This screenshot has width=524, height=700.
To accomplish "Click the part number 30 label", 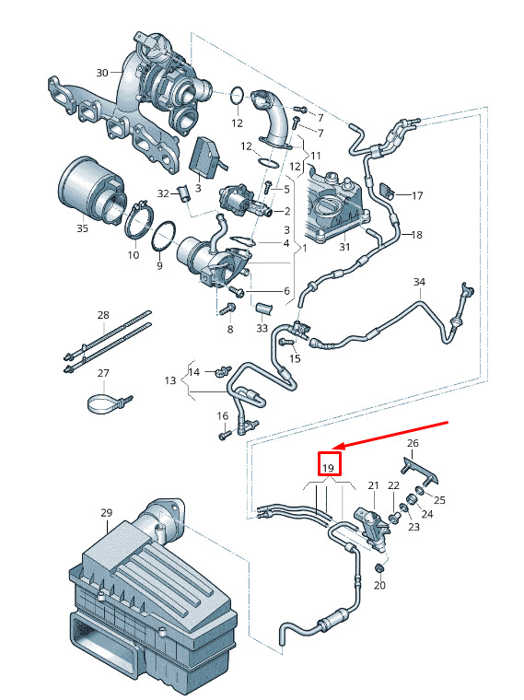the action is tap(102, 73).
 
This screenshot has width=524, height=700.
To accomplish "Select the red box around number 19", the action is tap(329, 464).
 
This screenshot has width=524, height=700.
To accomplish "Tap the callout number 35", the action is tap(83, 228).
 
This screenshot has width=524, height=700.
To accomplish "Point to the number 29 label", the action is tap(106, 513).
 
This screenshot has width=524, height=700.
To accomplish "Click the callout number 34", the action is tap(419, 282).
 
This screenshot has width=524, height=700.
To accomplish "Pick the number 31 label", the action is tap(344, 247).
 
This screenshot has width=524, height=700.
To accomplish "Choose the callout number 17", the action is tap(417, 195).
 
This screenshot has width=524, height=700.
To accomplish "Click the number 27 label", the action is tap(103, 373).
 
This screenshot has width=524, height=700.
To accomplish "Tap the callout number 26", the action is tap(413, 443).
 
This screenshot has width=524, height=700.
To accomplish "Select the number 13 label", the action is tap(170, 380).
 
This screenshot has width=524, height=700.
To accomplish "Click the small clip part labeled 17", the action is tap(386, 191).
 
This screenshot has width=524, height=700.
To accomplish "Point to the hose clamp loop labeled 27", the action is tap(105, 404).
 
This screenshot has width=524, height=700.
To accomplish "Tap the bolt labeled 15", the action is tap(286, 343).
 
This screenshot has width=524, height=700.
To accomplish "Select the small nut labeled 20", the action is tap(379, 568).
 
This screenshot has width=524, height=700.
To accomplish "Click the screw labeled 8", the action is tap(228, 309).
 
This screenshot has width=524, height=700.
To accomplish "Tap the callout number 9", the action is tap(159, 265).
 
